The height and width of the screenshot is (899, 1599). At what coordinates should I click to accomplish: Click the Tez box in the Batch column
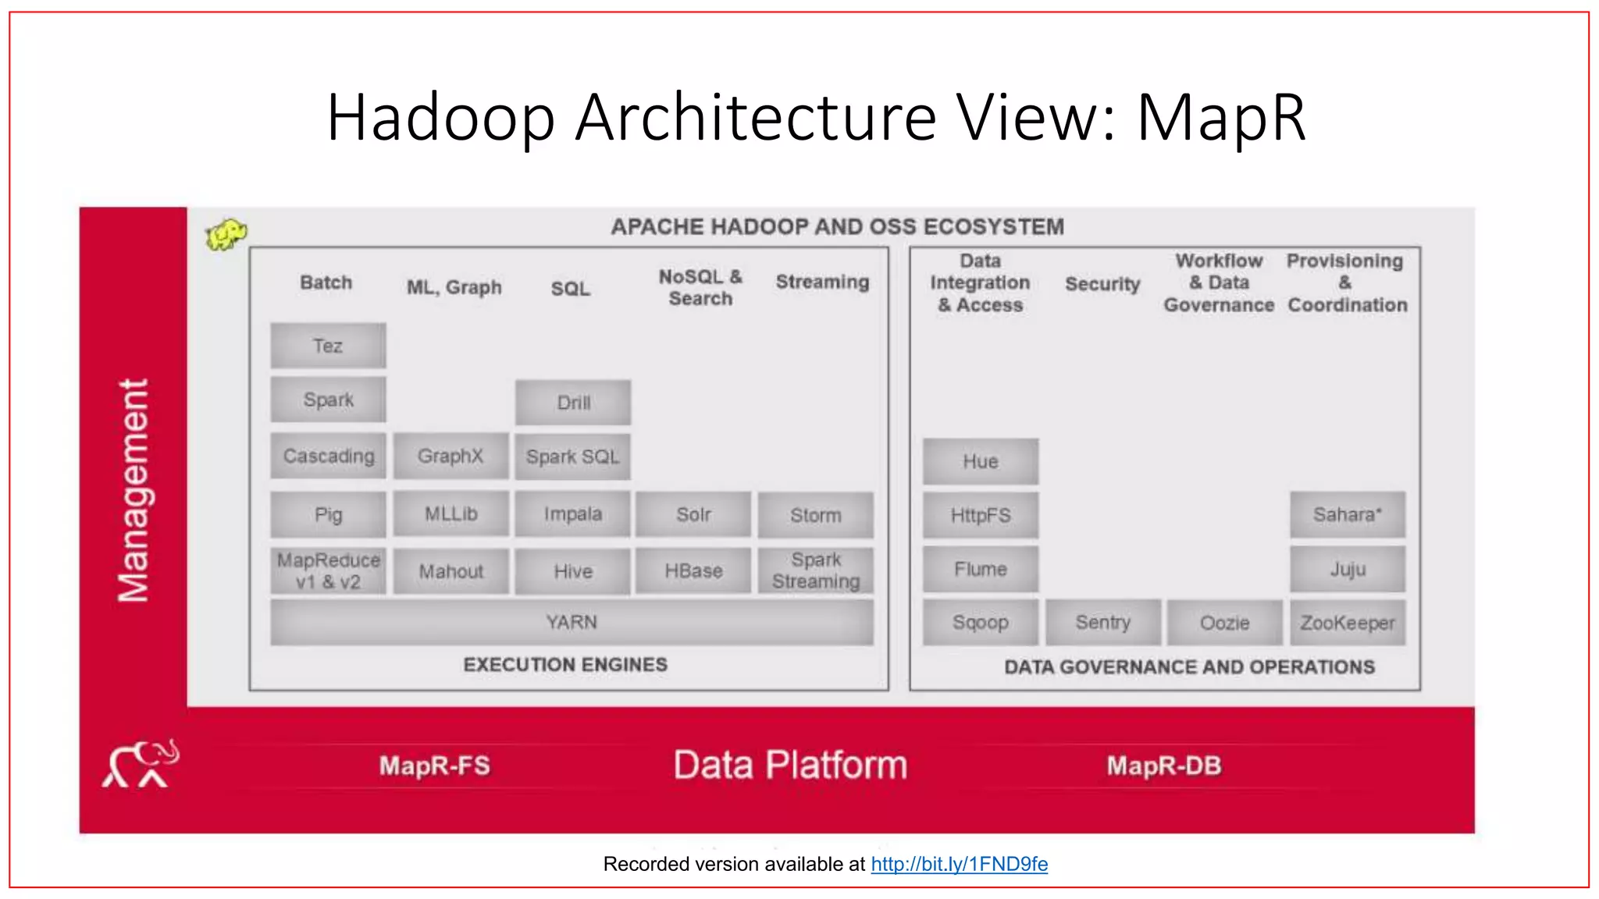328,346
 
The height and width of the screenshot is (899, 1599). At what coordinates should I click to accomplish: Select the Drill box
573,403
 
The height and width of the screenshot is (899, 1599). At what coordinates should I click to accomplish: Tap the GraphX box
450,456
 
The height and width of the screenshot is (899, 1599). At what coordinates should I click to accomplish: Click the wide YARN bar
572,622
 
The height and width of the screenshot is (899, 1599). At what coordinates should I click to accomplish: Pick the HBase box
693,571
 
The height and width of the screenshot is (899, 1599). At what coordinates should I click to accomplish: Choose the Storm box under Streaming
815,515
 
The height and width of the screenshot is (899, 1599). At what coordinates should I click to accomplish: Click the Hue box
980,461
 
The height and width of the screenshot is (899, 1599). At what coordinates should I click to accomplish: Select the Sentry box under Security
1102,622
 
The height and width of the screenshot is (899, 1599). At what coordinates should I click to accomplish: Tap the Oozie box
1224,623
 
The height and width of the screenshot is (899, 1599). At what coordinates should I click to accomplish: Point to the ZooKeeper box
1347,623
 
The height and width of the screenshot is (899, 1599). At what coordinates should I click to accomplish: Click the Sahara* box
1347,514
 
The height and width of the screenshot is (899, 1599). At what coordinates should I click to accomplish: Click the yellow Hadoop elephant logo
226,234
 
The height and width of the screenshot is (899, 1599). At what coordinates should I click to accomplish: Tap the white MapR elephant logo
141,764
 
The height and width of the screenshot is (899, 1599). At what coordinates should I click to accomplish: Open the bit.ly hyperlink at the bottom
959,864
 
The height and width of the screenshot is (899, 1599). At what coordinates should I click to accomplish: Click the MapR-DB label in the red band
1163,766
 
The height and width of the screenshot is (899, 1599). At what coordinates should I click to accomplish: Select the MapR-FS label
435,766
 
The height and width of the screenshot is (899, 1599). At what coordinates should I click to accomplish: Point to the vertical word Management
133,491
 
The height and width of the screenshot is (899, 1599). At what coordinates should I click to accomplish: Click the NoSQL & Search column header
700,287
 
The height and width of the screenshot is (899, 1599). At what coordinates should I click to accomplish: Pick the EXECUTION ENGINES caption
565,664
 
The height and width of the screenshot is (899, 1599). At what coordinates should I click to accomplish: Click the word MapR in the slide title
1220,118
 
